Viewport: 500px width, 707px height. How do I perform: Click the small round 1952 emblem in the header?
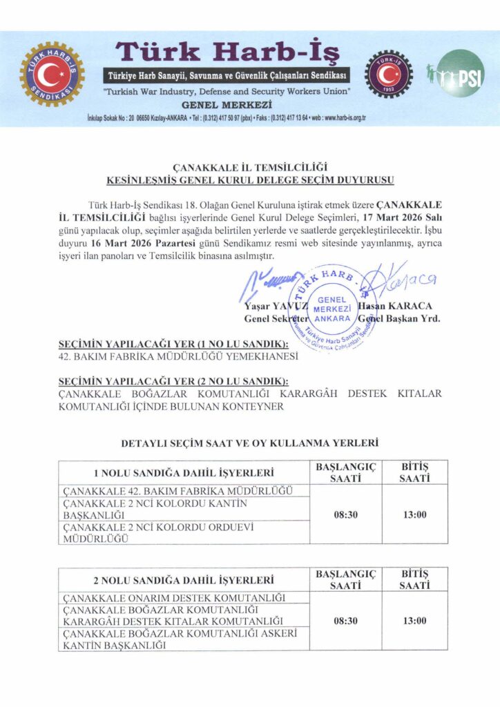click(x=389, y=72)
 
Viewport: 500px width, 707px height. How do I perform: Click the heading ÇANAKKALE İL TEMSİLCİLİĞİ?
click(x=250, y=167)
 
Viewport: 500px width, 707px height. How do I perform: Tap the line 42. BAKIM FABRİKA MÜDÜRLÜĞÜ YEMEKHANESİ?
click(x=180, y=357)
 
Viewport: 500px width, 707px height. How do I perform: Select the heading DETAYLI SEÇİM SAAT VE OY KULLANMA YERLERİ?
click(x=250, y=442)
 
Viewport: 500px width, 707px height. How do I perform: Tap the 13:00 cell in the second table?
click(x=414, y=621)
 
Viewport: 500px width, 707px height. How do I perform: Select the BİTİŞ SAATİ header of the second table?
click(x=414, y=579)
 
